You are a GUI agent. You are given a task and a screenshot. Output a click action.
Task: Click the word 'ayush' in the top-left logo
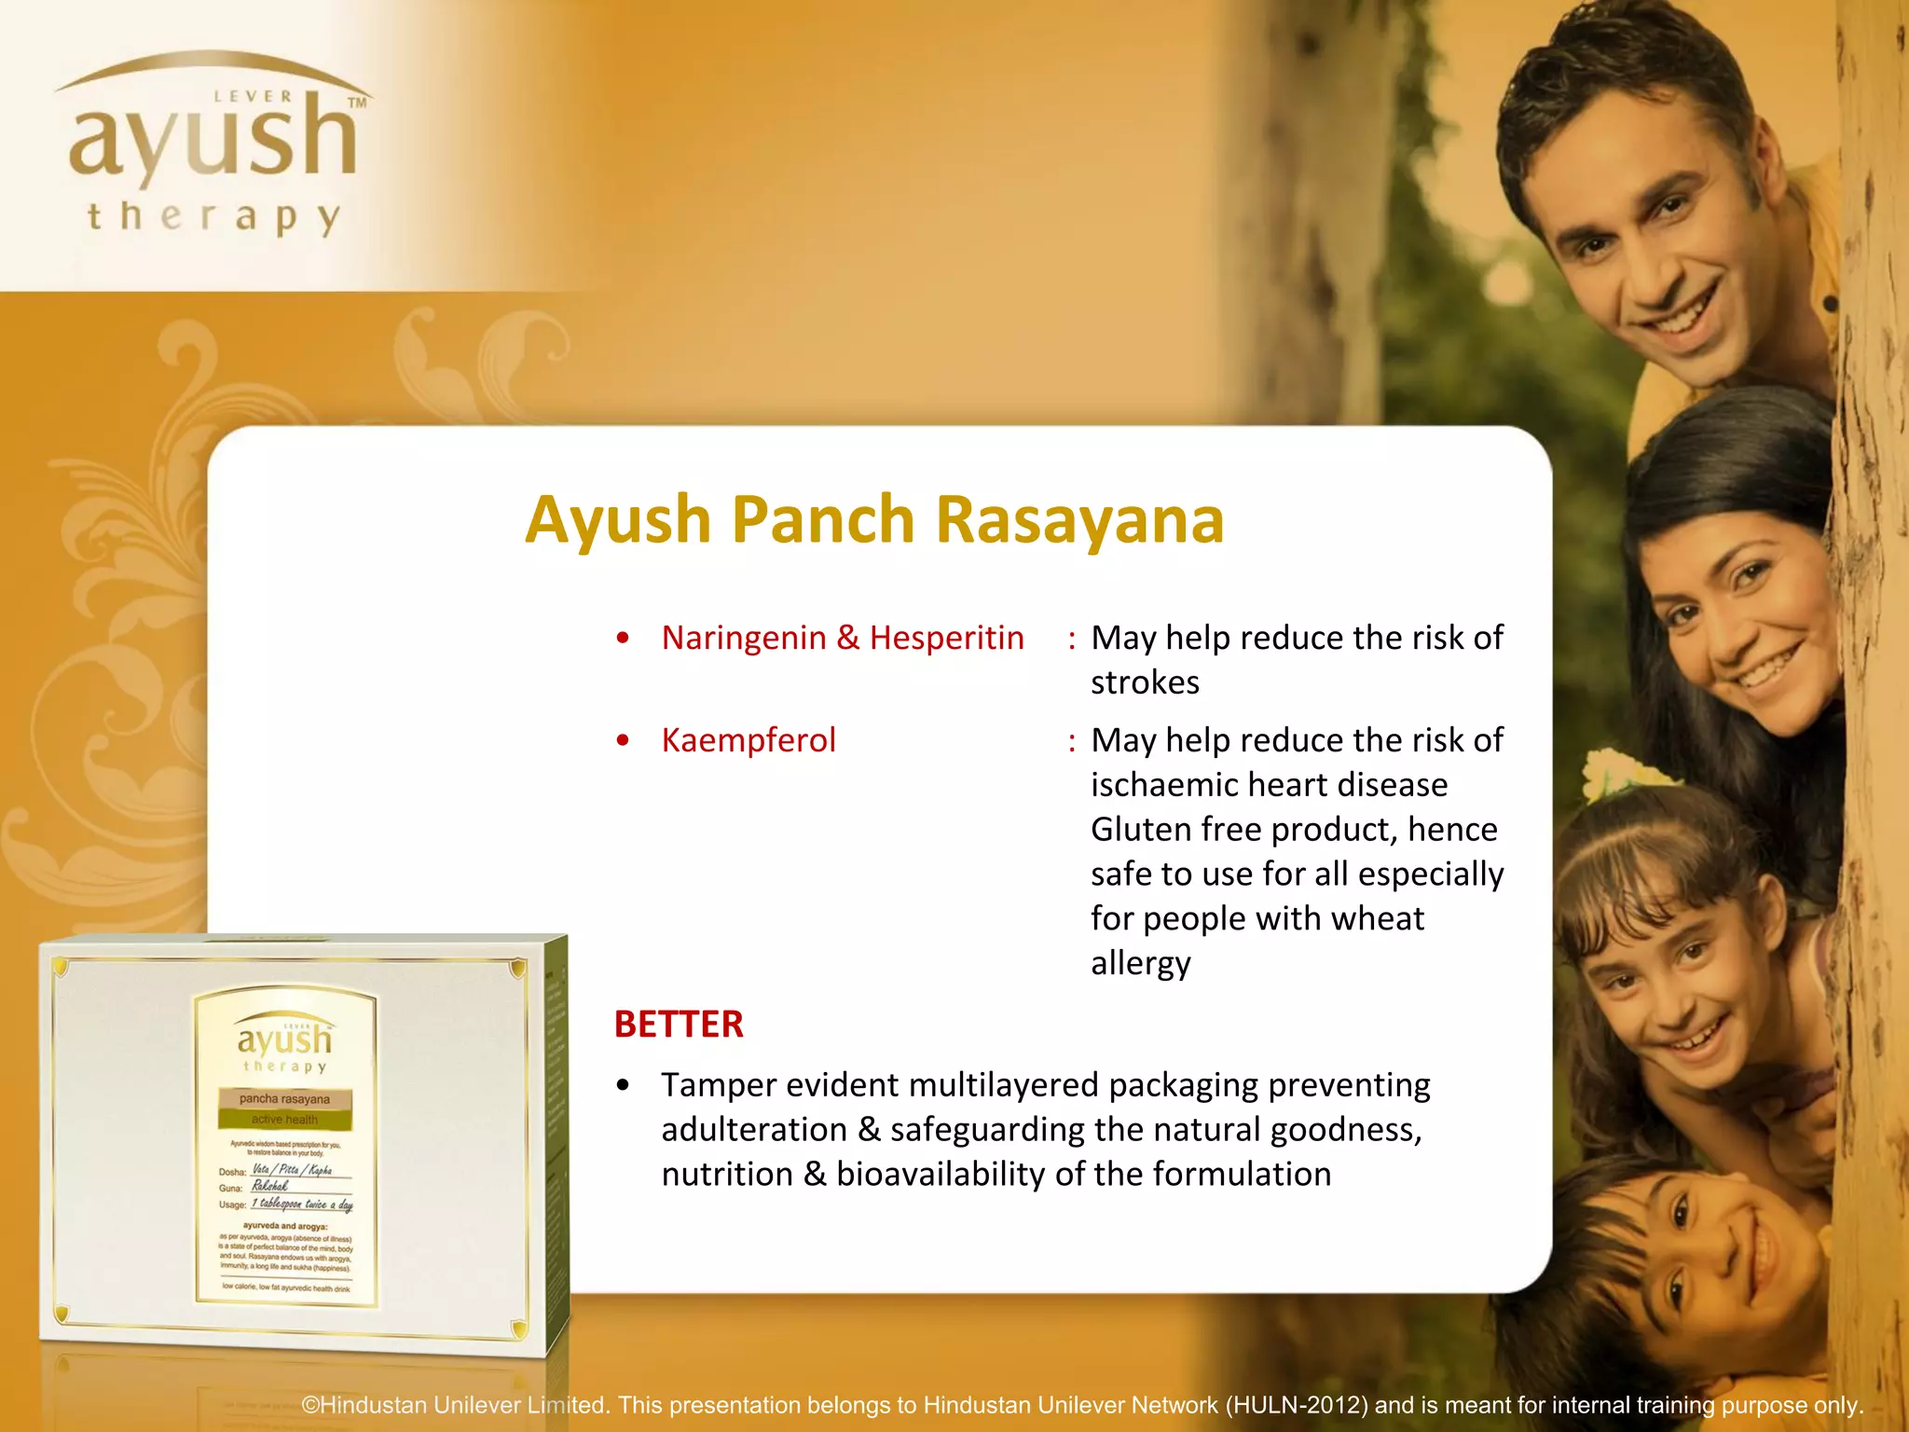213,140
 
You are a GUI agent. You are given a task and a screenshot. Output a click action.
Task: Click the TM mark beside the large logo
357,103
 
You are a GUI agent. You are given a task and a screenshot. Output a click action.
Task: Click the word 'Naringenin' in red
744,638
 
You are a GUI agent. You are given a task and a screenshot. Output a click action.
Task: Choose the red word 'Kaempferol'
748,740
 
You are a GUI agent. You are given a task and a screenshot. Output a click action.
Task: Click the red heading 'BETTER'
679,1025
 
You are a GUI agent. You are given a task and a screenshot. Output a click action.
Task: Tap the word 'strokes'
1145,682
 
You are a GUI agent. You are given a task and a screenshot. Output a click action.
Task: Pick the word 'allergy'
1141,964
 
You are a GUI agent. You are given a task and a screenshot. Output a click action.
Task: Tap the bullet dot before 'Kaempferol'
623,741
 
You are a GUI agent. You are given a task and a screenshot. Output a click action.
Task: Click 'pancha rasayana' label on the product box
284,1099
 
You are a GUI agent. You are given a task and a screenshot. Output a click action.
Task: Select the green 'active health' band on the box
284,1120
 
